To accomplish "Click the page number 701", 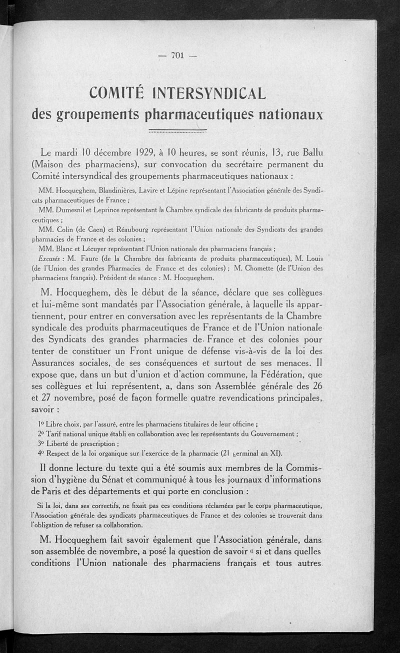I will [x=178, y=55].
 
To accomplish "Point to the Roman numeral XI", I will [x=275, y=453].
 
